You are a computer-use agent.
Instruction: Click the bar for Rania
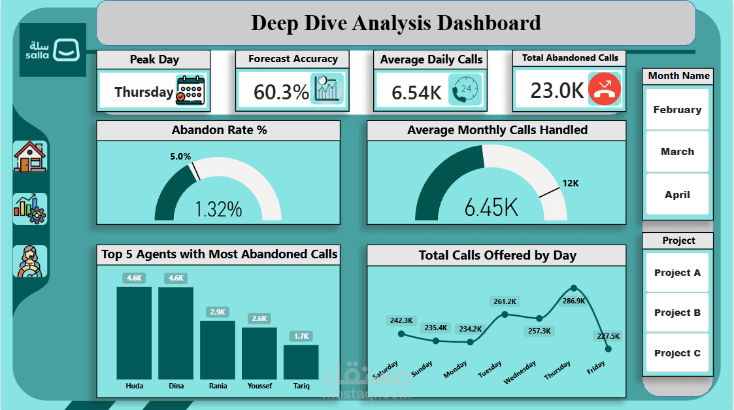[x=218, y=349]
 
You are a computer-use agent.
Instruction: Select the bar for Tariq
[x=301, y=362]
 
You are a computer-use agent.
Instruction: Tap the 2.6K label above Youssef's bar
[x=259, y=318]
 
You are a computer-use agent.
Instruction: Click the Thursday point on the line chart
[x=574, y=288]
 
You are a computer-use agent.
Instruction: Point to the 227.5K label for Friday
[x=608, y=336]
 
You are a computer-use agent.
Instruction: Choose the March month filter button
[x=677, y=152]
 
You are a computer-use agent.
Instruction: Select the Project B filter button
[x=677, y=313]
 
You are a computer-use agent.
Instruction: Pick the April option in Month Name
[x=677, y=195]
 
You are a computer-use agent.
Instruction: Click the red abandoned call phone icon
[x=605, y=90]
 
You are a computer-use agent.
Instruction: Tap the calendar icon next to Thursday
[x=190, y=91]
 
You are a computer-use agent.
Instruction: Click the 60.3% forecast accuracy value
[x=281, y=92]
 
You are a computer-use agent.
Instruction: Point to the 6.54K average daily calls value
[x=416, y=93]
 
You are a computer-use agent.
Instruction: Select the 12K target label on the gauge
[x=571, y=184]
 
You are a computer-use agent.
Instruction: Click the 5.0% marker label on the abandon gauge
[x=180, y=157]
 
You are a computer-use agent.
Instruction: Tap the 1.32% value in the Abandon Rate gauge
[x=218, y=210]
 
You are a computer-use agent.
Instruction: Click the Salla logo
[x=53, y=50]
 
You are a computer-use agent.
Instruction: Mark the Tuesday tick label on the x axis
[x=491, y=370]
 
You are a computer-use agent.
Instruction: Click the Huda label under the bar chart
[x=135, y=386]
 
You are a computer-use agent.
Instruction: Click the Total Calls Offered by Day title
[x=497, y=256]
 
